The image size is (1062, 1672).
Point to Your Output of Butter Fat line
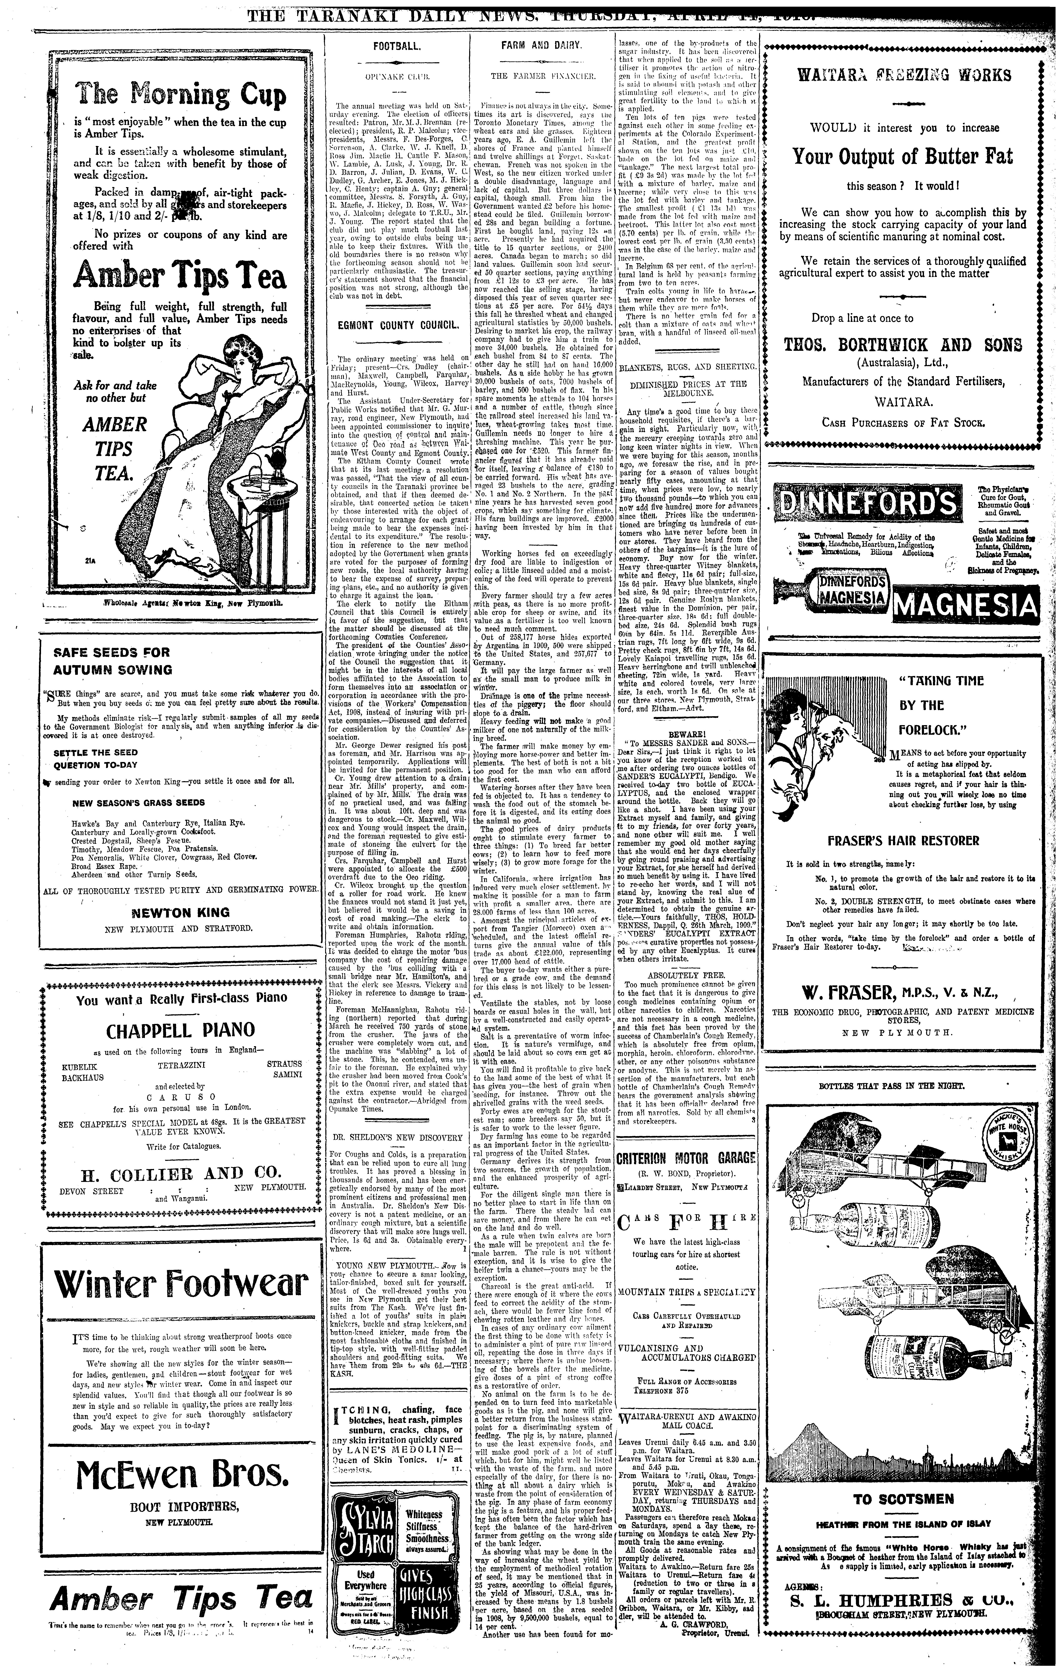902,156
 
